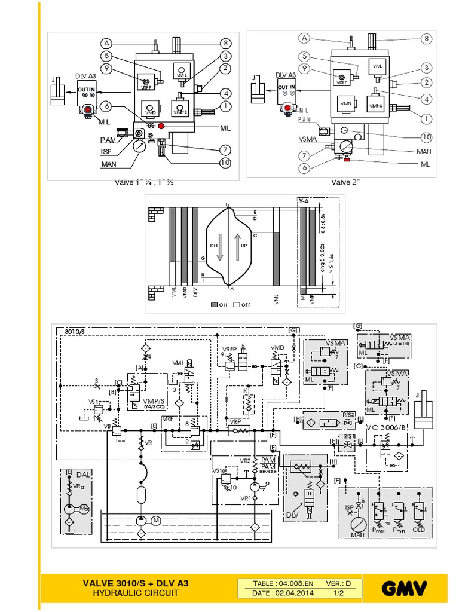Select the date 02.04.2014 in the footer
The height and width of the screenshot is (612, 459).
tap(279, 594)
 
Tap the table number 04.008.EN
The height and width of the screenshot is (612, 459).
tap(283, 583)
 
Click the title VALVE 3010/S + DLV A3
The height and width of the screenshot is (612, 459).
tap(139, 583)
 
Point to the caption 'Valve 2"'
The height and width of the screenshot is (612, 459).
tap(347, 182)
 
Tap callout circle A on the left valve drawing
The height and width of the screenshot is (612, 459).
tap(106, 43)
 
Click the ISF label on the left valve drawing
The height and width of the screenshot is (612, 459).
tap(106, 152)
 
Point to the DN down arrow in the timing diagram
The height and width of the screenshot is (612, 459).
tap(220, 246)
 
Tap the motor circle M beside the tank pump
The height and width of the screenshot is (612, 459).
tap(157, 519)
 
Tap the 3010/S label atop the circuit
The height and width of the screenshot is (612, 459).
tap(75, 331)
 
